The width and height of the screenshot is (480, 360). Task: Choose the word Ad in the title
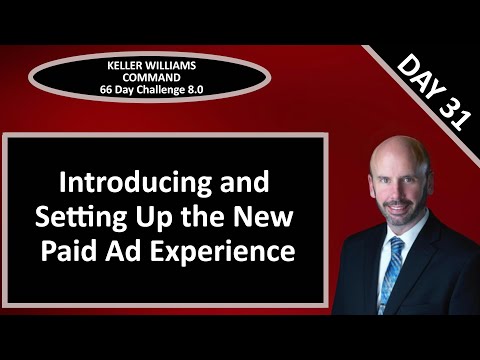click(119, 248)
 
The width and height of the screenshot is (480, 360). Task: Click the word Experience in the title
click(218, 249)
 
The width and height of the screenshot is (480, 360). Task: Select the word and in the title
click(248, 185)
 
